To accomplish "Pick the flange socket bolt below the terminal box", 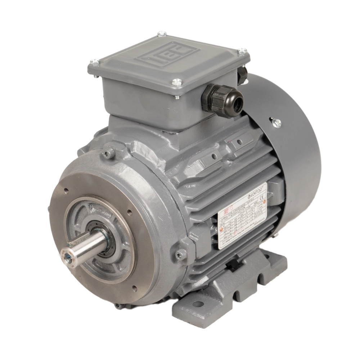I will pyautogui.click(x=108, y=154).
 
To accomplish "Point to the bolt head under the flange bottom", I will pyautogui.click(x=118, y=306).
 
